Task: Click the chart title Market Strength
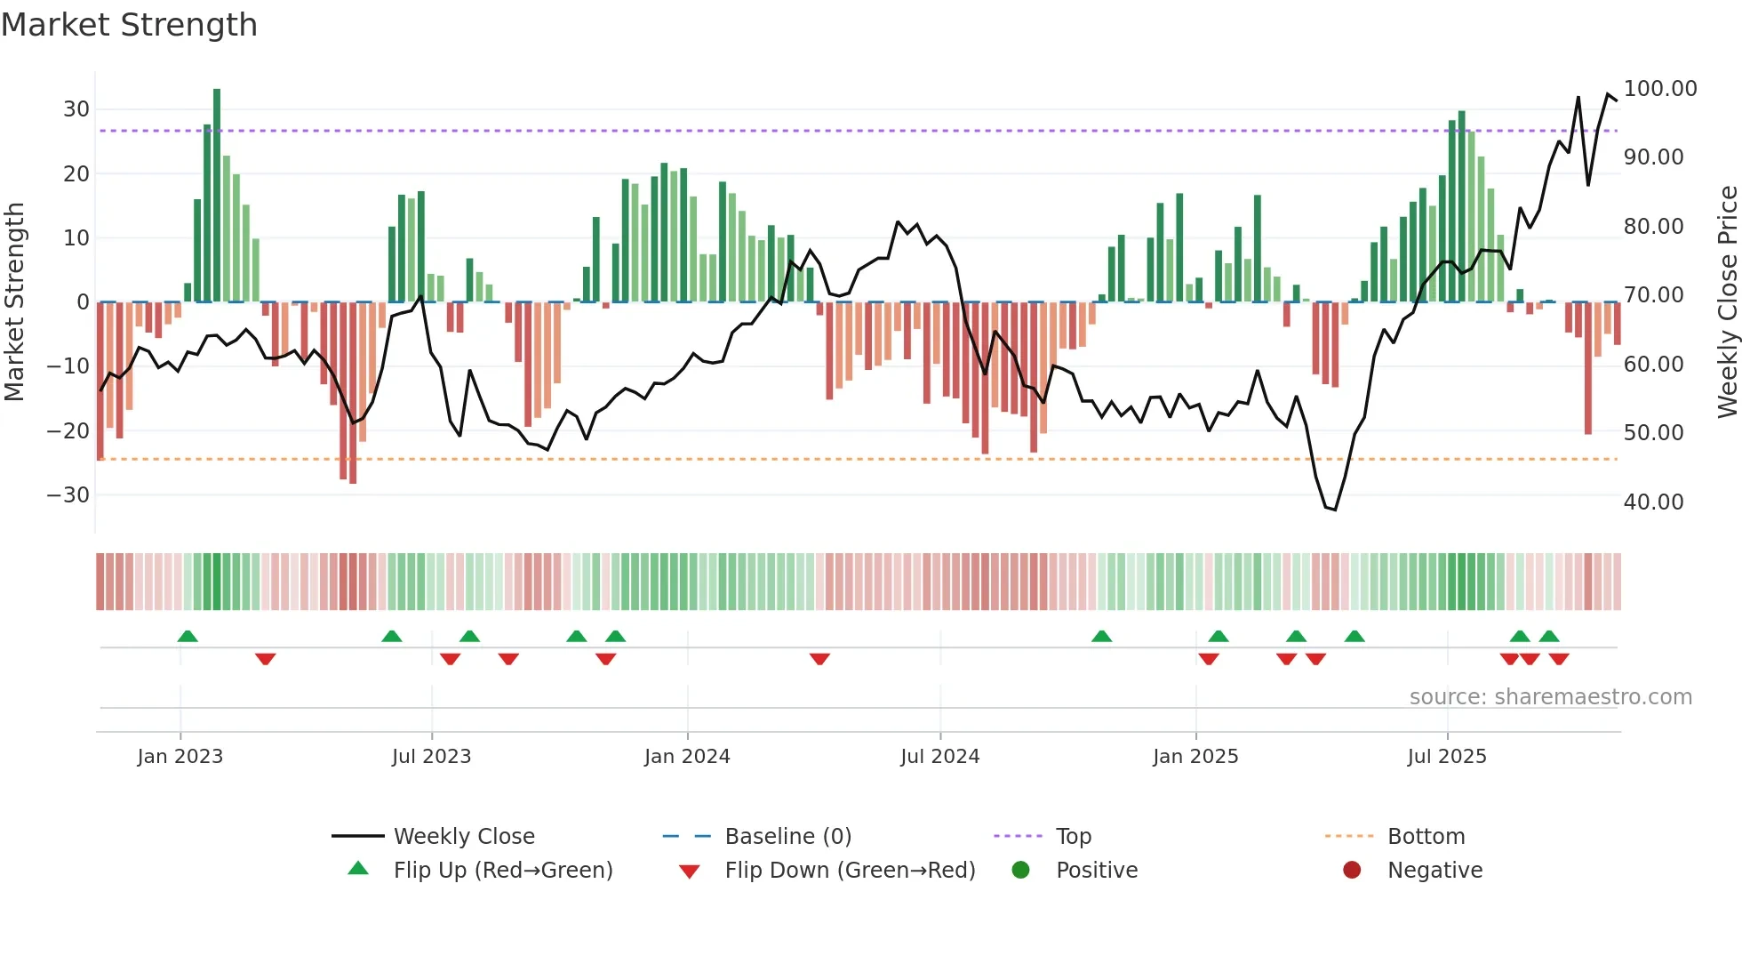click(129, 25)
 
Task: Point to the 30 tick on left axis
click(76, 109)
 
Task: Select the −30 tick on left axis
click(69, 494)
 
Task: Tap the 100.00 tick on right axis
click(1659, 89)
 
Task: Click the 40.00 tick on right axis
click(1653, 502)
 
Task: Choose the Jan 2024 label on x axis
click(687, 757)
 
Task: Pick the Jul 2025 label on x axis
click(1446, 757)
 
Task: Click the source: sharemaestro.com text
click(1550, 697)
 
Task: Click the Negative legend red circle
click(1352, 871)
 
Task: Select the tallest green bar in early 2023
click(217, 196)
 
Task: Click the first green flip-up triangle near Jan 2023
click(188, 636)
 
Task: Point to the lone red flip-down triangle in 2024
click(819, 659)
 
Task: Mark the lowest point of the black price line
click(1335, 510)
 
